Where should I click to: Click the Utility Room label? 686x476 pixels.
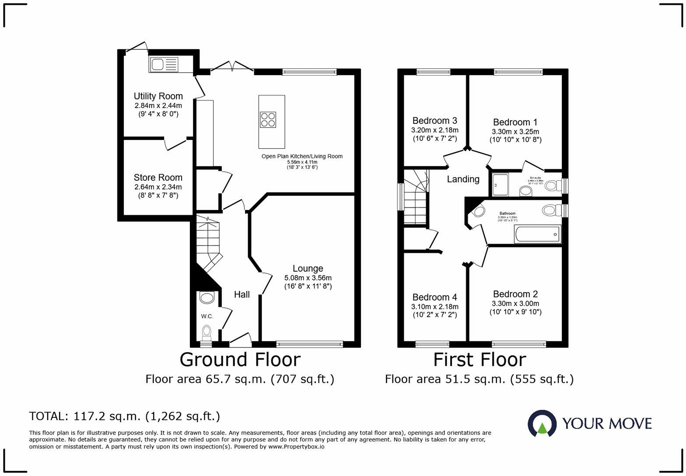[x=158, y=96]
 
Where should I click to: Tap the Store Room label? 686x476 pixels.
[x=158, y=178]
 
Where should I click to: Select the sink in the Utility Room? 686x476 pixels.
[x=164, y=65]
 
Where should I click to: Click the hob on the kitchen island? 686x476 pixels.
[x=268, y=119]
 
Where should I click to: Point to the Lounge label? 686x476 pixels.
[x=308, y=269]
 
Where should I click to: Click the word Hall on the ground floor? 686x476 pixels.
[x=241, y=294]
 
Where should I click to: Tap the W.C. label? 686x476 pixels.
[x=207, y=316]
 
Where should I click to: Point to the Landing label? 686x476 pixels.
[x=463, y=179]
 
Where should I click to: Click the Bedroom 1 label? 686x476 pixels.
[x=515, y=122]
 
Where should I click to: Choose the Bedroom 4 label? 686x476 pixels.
[x=434, y=297]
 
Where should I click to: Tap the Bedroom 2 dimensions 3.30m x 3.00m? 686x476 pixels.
[x=515, y=304]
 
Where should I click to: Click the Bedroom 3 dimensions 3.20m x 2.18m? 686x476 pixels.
[x=434, y=130]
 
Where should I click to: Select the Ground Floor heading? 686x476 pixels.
[x=240, y=360]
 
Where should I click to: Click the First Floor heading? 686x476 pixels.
[x=479, y=360]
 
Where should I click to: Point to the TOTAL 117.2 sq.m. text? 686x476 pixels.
[x=125, y=416]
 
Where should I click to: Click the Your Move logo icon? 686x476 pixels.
[x=542, y=423]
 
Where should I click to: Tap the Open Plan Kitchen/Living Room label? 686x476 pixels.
[x=302, y=156]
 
